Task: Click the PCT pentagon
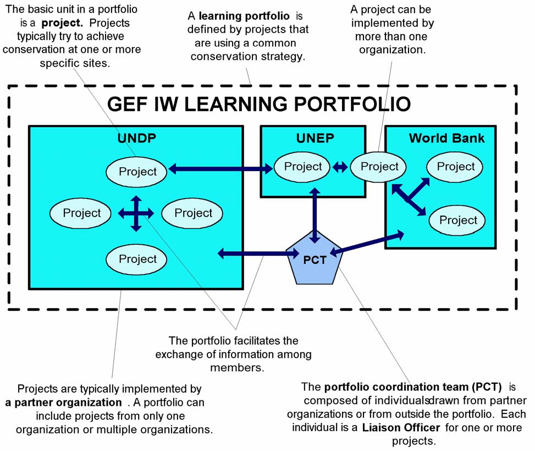[x=314, y=258]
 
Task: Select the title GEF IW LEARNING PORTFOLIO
[x=258, y=104]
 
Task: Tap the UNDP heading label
[x=137, y=138]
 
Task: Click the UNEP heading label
[x=313, y=137]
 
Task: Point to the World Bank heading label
[x=446, y=137]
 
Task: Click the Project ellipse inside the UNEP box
[x=302, y=167]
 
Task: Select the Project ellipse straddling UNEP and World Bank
[x=379, y=167]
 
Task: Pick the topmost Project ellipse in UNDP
[x=137, y=171]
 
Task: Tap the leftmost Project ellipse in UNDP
[x=82, y=213]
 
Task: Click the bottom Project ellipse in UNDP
[x=137, y=258]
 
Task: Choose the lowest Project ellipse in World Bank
[x=458, y=220]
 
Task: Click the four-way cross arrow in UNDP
[x=136, y=213]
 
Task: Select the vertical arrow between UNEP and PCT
[x=314, y=215]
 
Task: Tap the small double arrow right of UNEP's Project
[x=340, y=167]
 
